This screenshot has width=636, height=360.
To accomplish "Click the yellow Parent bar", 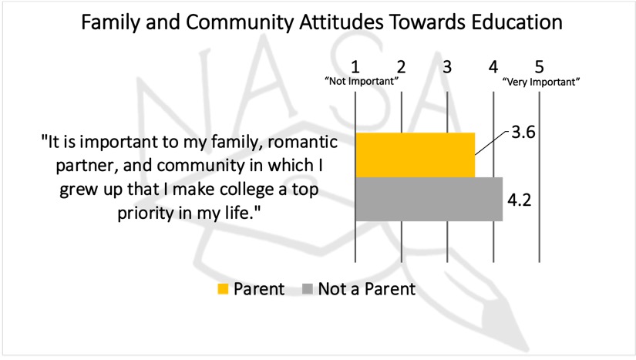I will click(414, 155).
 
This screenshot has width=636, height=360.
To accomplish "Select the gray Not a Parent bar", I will click(428, 199).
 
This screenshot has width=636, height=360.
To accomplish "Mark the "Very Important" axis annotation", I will click(540, 81).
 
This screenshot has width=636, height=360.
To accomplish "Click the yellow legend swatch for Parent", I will click(224, 290).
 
